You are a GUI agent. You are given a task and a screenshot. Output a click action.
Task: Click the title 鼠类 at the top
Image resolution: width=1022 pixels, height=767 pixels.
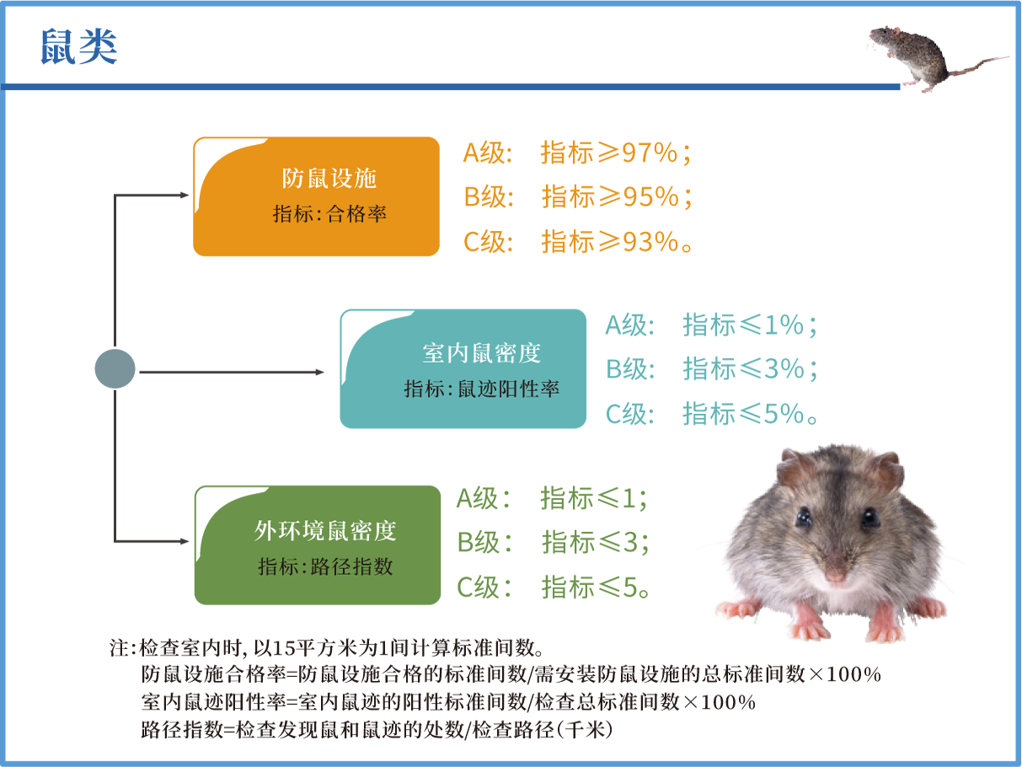point(78,48)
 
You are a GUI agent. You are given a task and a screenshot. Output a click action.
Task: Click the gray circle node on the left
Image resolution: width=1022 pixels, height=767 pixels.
point(115,369)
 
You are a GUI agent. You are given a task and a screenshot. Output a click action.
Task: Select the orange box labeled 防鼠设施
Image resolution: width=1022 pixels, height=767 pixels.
point(317,196)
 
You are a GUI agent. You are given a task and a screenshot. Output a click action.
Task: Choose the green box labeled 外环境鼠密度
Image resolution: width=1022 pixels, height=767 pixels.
point(318,544)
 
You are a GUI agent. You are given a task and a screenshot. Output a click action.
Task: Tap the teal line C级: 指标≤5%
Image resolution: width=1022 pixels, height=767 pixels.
point(712,414)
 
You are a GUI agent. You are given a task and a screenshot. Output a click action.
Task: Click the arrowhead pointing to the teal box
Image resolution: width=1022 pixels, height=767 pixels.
point(319,372)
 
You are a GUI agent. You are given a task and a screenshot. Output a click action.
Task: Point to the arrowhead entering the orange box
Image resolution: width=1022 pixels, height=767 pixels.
point(185,196)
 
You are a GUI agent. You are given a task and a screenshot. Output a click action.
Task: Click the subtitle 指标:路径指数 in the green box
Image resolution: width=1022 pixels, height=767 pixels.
point(325,566)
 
